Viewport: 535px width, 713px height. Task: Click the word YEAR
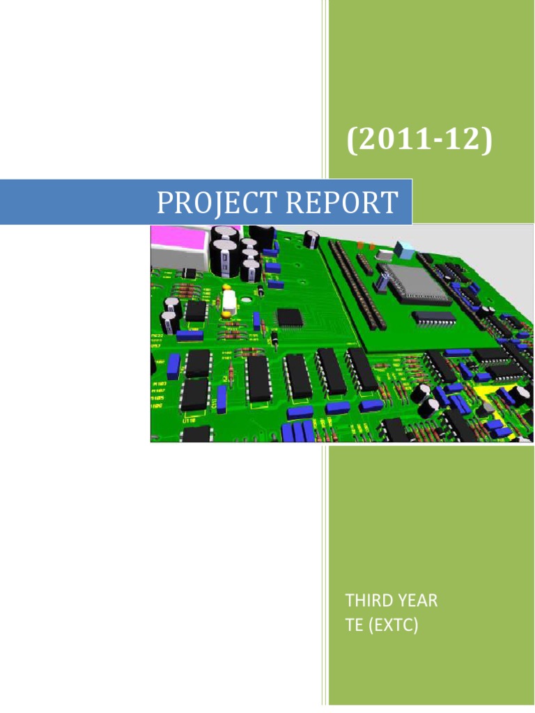[x=416, y=601]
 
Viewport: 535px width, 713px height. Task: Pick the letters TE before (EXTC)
[x=355, y=626]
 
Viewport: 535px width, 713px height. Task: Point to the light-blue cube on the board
[x=403, y=249]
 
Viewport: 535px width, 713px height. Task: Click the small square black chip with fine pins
[x=290, y=318]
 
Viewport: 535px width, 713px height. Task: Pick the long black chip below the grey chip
[x=433, y=319]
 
